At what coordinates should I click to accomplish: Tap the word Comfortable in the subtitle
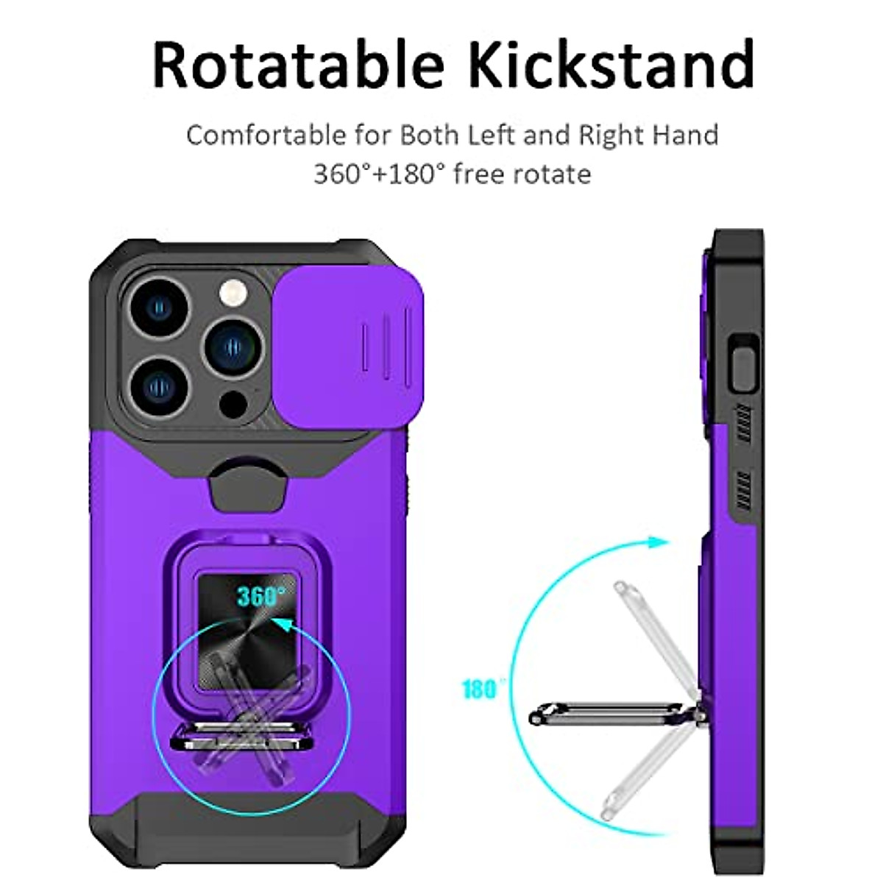tap(266, 135)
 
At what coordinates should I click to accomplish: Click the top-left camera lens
tap(157, 306)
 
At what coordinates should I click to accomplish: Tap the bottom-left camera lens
tap(157, 384)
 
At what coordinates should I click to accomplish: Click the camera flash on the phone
tap(233, 293)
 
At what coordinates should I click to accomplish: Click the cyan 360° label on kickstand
tap(260, 596)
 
